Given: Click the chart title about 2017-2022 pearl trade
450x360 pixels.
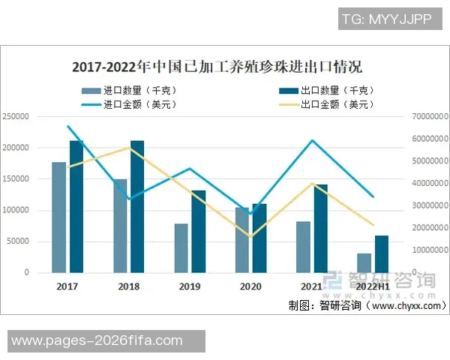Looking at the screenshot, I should tap(217, 67).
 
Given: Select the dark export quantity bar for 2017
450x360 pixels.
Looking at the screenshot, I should tap(76, 206).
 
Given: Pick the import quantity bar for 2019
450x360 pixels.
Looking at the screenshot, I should tap(181, 247).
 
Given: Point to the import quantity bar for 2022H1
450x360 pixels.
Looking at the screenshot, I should tap(364, 262).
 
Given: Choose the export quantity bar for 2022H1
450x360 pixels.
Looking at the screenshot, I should tap(382, 253).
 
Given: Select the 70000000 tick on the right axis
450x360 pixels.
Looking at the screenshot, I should tap(429, 117).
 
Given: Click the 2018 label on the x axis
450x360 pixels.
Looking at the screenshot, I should tap(128, 286).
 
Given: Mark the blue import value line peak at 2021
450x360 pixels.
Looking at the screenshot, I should tap(312, 140).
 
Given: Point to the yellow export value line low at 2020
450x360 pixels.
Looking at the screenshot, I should tap(250, 236).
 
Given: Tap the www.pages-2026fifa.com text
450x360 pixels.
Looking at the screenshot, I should tap(97, 341).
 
